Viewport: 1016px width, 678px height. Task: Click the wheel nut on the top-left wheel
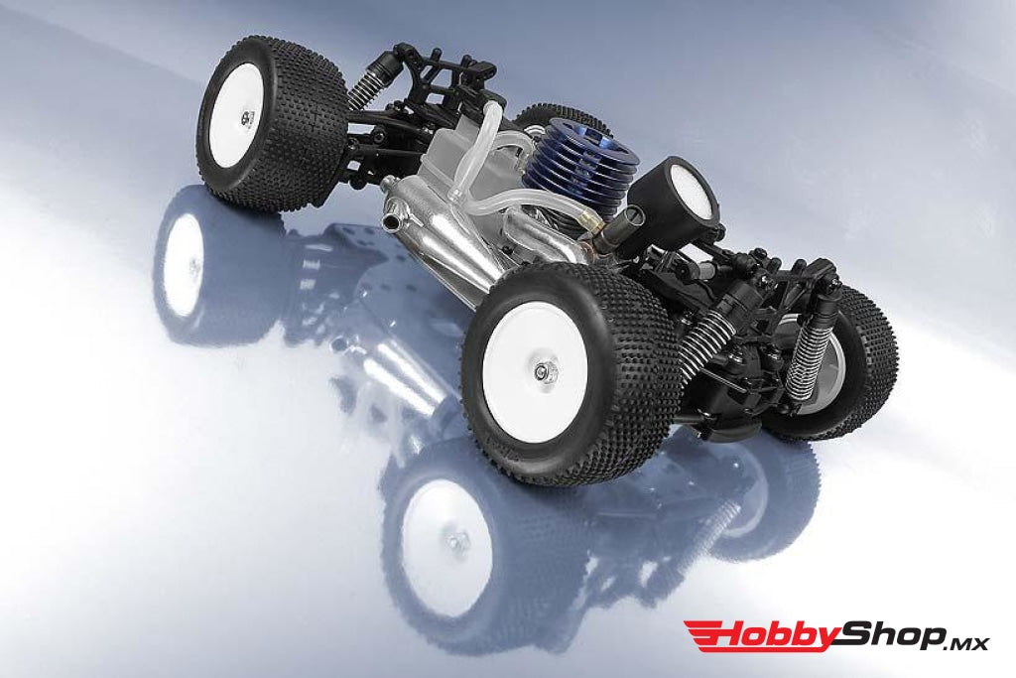click(247, 118)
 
